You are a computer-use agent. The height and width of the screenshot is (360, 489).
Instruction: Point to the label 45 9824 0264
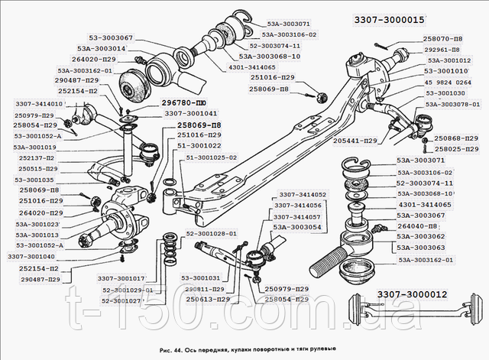pos(450,83)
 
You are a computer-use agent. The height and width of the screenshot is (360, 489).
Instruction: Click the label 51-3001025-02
pos(212,157)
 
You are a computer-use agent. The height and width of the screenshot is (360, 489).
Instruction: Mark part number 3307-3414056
pos(297,206)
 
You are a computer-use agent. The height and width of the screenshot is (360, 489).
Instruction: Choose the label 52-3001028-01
pos(212,233)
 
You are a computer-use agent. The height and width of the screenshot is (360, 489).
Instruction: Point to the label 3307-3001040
pos(35,257)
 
